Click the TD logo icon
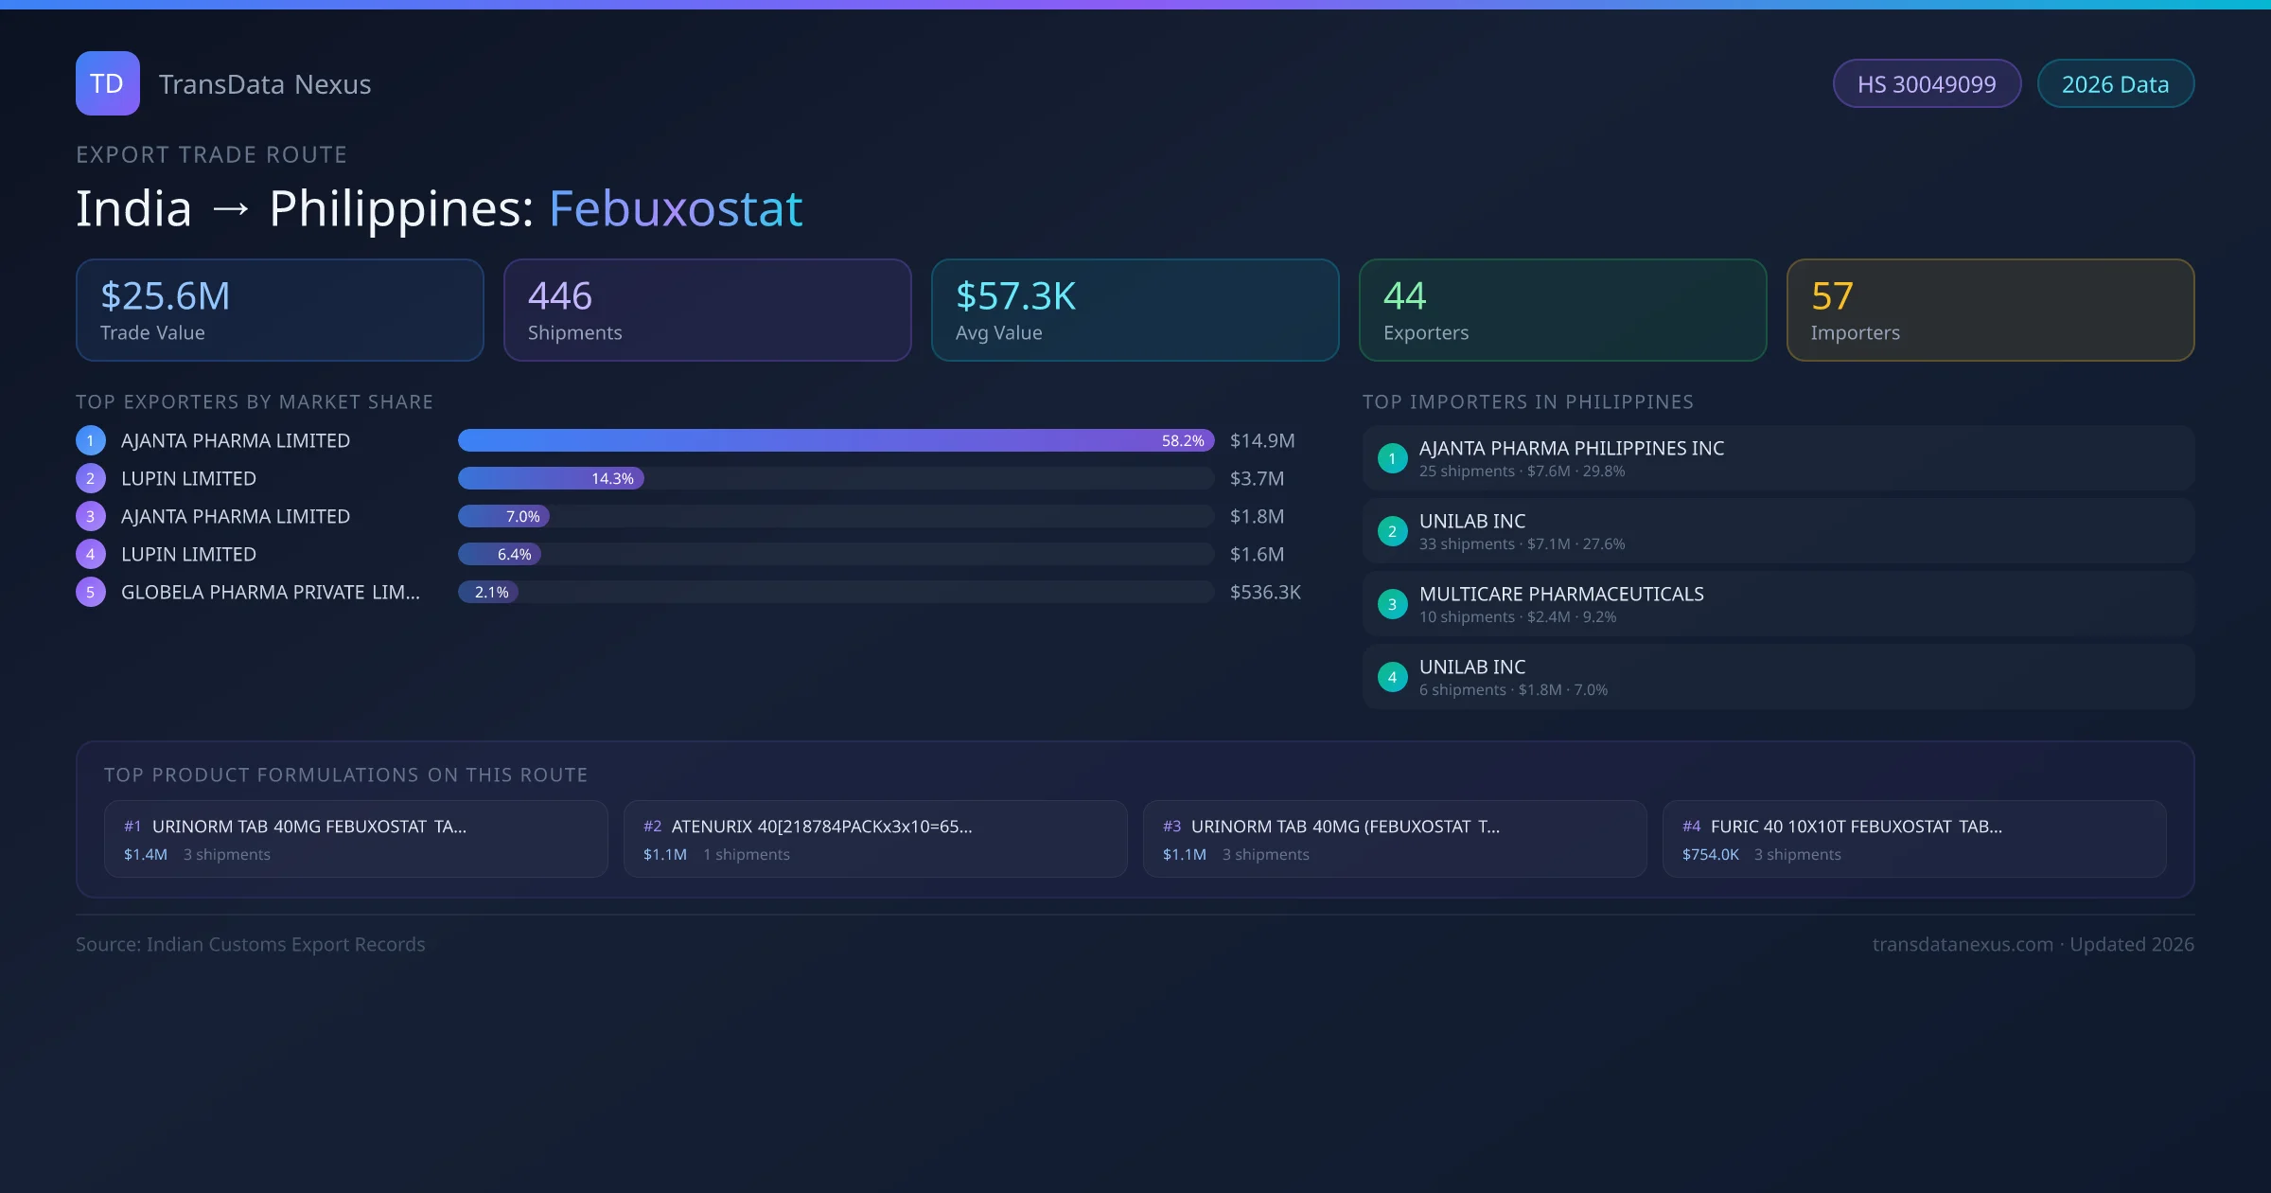pos(107,83)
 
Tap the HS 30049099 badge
pos(1926,84)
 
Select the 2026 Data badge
pos(2115,84)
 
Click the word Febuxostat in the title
pos(676,208)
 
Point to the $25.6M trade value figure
pos(166,296)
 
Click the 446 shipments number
pos(560,296)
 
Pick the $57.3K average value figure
pos(1015,296)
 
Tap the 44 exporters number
pos(1404,296)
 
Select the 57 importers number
pos(1832,296)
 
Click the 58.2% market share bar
pos(835,440)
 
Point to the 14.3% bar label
pos(612,478)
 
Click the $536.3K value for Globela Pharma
pos(1265,592)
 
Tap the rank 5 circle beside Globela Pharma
pos(91,592)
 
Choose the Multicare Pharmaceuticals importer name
pos(1561,594)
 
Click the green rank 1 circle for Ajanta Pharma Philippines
pos(1392,458)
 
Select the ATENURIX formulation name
pos(821,827)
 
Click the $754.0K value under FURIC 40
pos(1710,854)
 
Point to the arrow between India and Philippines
pos(230,208)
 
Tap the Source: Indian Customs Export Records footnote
pos(251,944)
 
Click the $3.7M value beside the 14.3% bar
pos(1257,478)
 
